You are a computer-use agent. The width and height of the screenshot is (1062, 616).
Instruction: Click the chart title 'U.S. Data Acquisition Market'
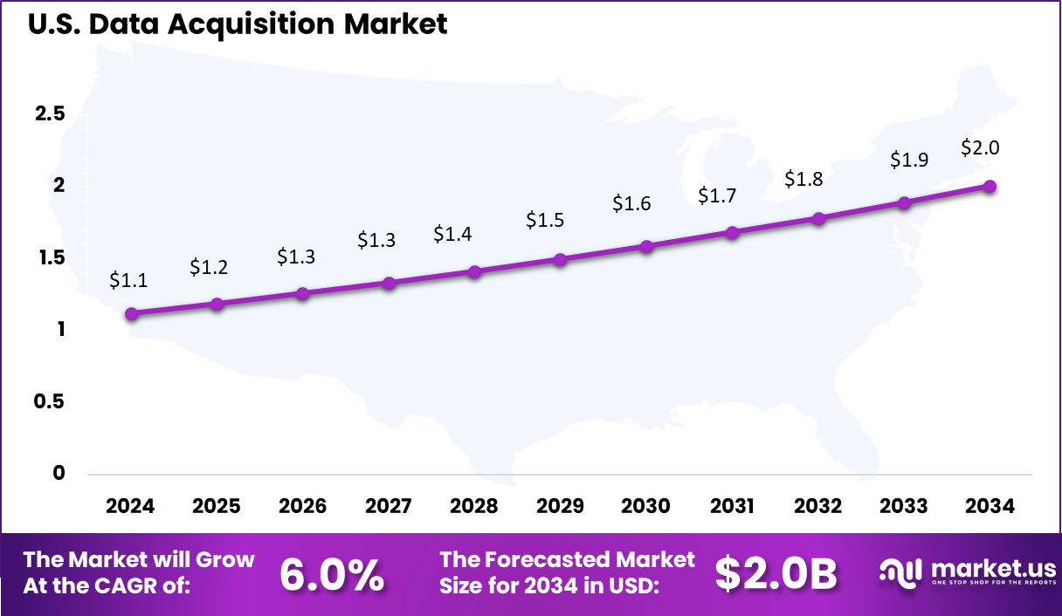pos(238,24)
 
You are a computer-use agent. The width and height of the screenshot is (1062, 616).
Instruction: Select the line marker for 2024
pos(131,314)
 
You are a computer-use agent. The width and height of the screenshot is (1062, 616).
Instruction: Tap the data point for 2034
pos(990,186)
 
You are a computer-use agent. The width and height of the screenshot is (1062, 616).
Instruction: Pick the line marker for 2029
pos(561,260)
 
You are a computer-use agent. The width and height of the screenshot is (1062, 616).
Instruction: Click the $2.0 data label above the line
pos(980,147)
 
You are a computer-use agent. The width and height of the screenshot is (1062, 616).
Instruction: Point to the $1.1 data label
pos(128,280)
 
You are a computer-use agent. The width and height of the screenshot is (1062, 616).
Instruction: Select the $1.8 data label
pos(803,179)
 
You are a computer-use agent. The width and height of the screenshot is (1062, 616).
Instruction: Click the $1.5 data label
pos(545,220)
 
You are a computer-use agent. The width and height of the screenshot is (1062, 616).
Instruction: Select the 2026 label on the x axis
pos(302,506)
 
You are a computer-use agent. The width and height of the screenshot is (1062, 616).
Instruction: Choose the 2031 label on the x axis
pos(732,506)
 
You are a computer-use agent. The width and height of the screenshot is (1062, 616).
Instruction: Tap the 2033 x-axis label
pos(904,506)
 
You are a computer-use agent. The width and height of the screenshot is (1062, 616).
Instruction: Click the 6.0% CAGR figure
pos(332,573)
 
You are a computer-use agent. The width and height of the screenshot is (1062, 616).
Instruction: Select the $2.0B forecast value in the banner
pos(776,573)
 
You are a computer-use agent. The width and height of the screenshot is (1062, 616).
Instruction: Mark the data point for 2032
pos(818,218)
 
